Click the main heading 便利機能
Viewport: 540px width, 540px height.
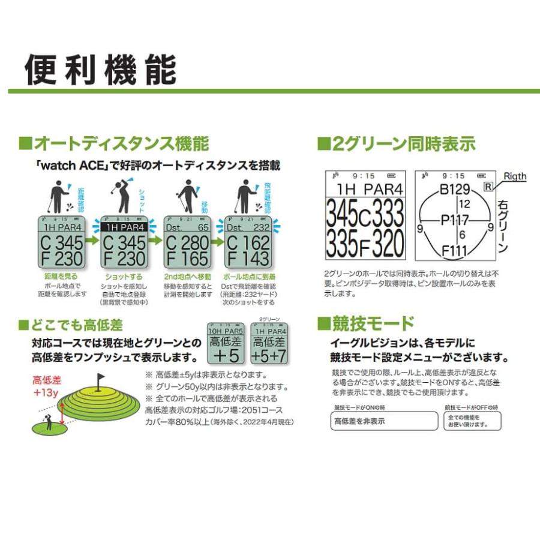point(101,70)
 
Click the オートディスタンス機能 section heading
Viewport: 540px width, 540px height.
point(114,144)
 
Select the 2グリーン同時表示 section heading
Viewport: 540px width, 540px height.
point(396,144)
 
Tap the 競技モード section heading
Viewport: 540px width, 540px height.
point(366,324)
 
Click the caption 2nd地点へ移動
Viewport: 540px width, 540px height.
point(187,277)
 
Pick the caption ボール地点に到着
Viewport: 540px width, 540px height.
point(248,277)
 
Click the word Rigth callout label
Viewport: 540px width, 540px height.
point(514,176)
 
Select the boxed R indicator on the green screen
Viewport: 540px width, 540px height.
point(487,188)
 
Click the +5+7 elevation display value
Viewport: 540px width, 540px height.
point(268,356)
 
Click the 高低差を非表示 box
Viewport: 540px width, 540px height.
point(384,421)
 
